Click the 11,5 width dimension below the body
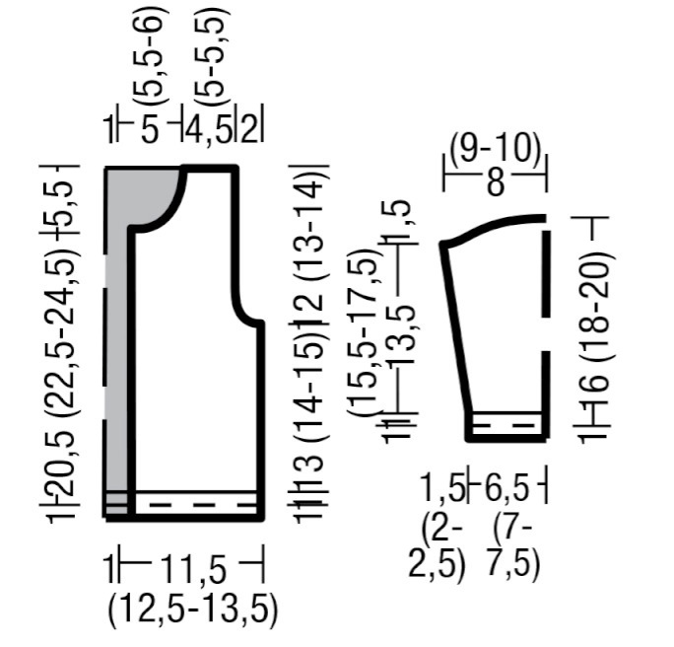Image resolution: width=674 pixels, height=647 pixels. click(193, 569)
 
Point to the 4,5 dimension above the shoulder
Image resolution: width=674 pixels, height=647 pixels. click(209, 129)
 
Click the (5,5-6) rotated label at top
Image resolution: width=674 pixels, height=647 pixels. click(150, 59)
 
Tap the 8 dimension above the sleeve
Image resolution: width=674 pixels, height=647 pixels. click(496, 183)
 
